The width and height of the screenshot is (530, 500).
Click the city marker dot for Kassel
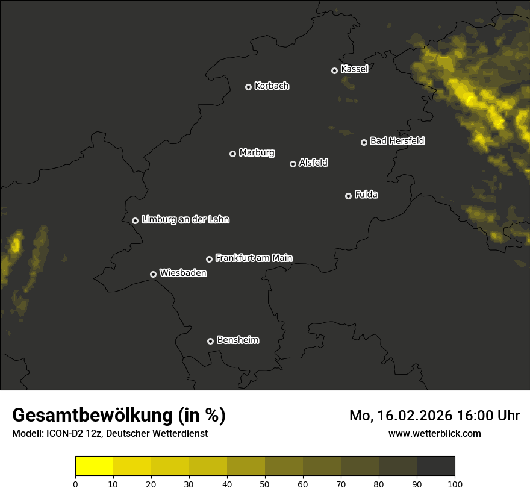pos(334,70)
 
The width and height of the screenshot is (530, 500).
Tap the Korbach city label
pos(272,86)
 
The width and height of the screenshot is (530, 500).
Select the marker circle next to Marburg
pos(232,154)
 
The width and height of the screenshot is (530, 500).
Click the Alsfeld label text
pos(313,163)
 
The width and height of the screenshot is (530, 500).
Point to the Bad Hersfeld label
pos(397,141)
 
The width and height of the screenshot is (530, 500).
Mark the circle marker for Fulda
pos(348,196)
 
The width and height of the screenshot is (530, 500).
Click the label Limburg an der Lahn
pos(185,220)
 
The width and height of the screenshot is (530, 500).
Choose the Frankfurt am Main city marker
pos(209,259)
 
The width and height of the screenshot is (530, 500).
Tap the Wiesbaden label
pos(183,273)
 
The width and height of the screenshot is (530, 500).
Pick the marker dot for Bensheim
pos(210,341)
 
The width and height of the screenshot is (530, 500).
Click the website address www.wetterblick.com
pos(434,434)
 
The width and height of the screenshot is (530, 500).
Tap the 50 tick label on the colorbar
pos(265,484)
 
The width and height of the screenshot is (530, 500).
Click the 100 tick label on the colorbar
pos(455,484)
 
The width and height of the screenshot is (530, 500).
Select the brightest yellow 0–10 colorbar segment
pos(95,466)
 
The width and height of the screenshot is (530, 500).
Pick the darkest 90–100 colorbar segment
pos(435,466)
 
